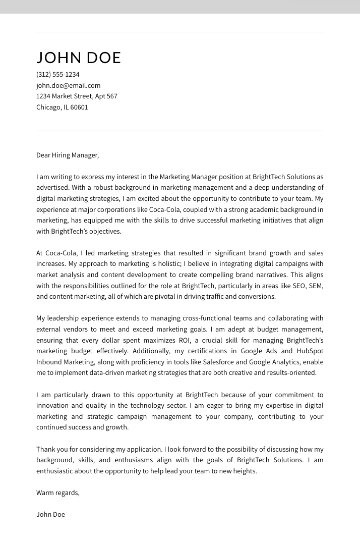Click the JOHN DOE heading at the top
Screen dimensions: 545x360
click(79, 58)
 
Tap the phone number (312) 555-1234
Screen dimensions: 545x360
click(57, 75)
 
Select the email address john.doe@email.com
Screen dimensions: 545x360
click(68, 86)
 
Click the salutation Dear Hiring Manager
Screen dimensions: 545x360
click(67, 155)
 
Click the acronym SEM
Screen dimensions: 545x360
click(316, 286)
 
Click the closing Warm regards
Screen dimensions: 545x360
click(57, 493)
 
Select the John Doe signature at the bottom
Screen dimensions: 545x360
click(50, 515)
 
